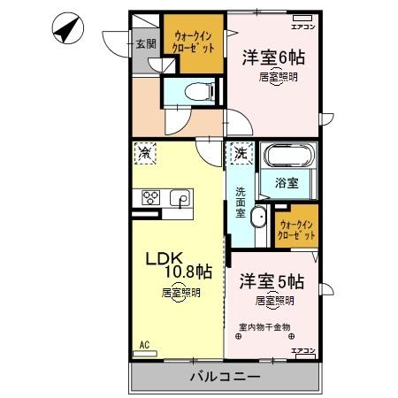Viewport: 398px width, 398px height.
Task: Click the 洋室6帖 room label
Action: pos(274,57)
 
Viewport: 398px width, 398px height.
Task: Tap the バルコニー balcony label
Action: pos(225,376)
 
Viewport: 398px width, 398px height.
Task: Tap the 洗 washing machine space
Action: pos(240,153)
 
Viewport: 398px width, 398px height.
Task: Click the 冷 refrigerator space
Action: pos(144,153)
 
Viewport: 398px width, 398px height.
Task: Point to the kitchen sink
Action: pos(180,198)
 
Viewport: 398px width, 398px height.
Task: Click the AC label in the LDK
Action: pos(142,346)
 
